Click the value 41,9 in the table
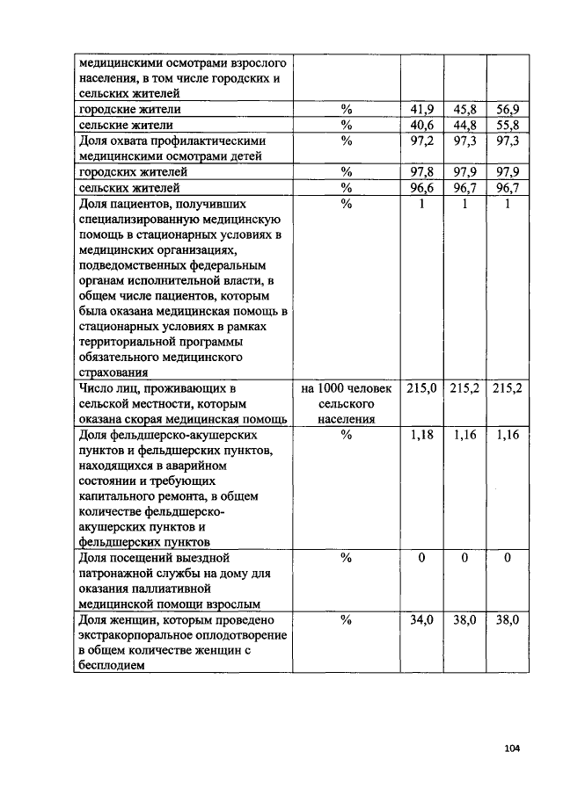[x=422, y=109]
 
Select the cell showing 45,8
[x=464, y=109]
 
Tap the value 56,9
[x=507, y=109]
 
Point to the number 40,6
[x=422, y=125]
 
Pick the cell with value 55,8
[x=507, y=125]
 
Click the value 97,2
[x=422, y=141]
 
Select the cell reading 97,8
[x=422, y=172]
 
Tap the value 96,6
[x=422, y=188]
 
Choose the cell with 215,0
[x=422, y=387]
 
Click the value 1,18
[x=422, y=435]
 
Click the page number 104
[x=513, y=748]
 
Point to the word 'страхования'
[x=113, y=372]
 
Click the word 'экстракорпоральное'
[x=134, y=635]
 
